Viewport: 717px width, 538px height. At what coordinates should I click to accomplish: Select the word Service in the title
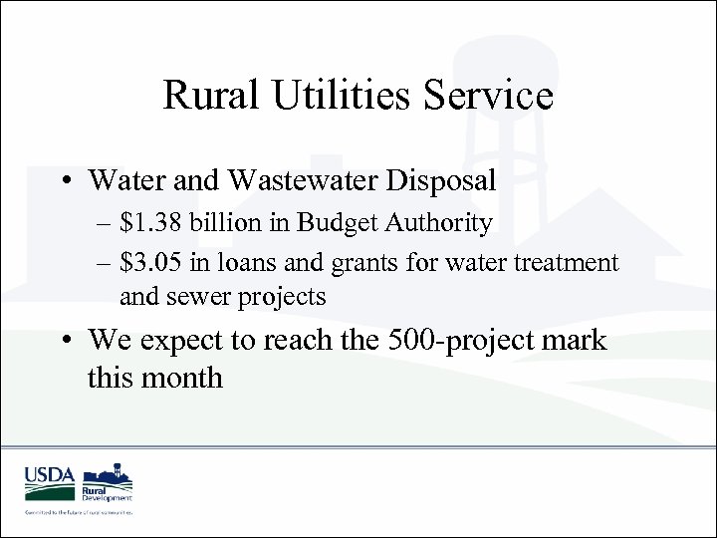pos(488,96)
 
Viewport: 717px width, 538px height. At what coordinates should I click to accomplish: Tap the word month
pos(184,378)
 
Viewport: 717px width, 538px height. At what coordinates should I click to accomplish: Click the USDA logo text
pos(50,476)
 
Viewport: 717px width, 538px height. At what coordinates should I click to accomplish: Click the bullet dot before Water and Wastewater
pos(65,181)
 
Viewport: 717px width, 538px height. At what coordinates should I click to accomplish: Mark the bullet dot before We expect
pos(65,341)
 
